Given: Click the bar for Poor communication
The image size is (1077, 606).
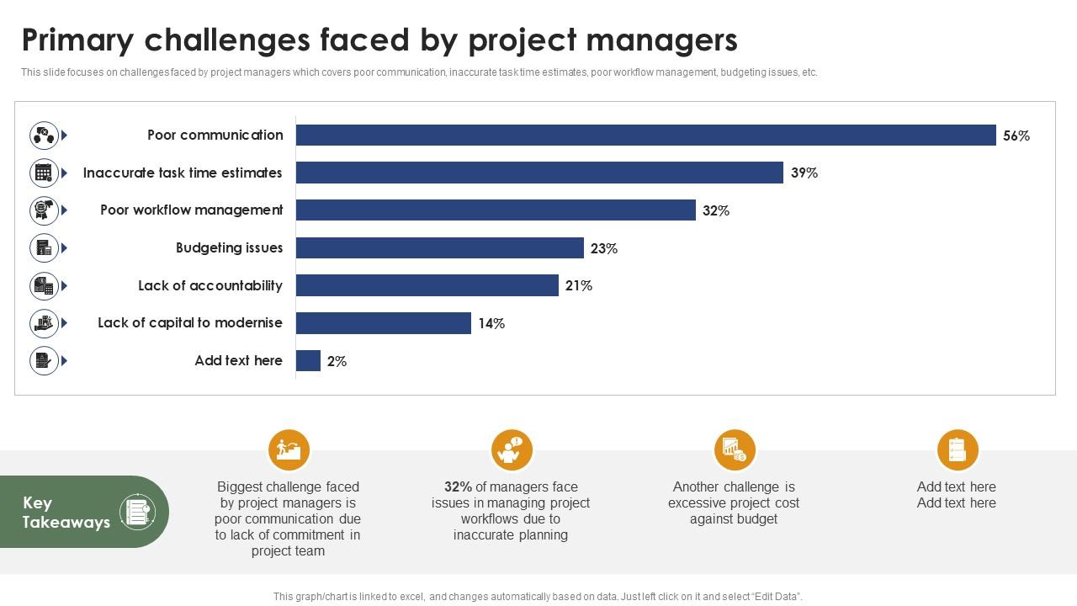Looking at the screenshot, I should tap(645, 136).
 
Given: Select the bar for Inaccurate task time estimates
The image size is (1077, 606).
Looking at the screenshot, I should tap(539, 173).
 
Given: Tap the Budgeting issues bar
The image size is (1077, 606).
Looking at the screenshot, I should tap(439, 248).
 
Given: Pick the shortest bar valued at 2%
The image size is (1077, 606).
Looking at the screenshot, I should tap(308, 361).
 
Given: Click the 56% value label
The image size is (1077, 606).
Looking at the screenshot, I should tap(1016, 136).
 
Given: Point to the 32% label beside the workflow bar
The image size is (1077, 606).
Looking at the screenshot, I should tap(715, 210).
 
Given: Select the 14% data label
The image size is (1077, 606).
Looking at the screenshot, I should tap(491, 323).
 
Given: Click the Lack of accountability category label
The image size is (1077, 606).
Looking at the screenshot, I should tap(210, 285).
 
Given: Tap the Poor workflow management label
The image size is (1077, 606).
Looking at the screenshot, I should tap(192, 210).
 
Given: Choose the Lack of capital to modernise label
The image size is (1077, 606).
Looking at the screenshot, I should tap(190, 322).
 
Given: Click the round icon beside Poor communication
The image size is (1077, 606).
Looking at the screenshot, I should tap(44, 136).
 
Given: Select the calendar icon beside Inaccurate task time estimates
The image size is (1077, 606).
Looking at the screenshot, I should tap(44, 173).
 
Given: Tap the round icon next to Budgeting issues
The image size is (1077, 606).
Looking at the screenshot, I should tap(44, 248).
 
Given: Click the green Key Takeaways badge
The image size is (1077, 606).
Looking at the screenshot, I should tap(84, 512).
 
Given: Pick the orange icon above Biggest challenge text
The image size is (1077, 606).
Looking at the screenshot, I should tap(289, 450).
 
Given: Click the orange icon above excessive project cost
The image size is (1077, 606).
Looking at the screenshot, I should tap(735, 450).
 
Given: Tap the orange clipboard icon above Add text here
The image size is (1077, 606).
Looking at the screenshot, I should tap(958, 450).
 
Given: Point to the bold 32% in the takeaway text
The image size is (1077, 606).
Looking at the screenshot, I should tap(458, 486).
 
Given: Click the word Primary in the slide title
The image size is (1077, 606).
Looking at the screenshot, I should tap(77, 40).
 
